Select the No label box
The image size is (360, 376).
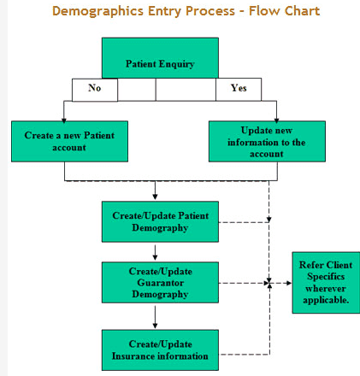tap(94, 88)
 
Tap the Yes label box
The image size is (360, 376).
tap(239, 88)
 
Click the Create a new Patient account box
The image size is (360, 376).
tap(69, 141)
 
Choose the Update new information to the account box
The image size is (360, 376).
tap(266, 141)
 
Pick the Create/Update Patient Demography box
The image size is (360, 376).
tap(159, 221)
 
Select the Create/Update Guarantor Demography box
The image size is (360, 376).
tap(159, 282)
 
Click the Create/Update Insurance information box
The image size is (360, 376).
tap(159, 350)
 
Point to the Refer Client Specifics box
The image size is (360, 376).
tap(325, 282)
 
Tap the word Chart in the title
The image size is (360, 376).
tap(300, 12)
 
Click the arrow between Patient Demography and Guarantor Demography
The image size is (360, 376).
tap(155, 252)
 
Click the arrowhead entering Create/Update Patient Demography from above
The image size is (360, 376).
tap(155, 197)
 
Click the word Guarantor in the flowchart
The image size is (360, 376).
tap(160, 282)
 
